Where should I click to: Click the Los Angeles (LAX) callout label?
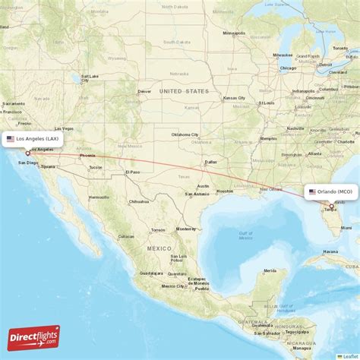[32, 139]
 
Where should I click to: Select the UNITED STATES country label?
[183, 90]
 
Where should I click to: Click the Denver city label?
[145, 92]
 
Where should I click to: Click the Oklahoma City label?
[185, 134]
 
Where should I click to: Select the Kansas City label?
[234, 98]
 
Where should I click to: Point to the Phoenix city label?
[87, 155]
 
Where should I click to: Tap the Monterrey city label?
[186, 229]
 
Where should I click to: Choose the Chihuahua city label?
[138, 201]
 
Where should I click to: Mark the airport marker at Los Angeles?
[28, 153]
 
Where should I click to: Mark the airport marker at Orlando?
[331, 206]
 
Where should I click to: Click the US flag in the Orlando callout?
[312, 192]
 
